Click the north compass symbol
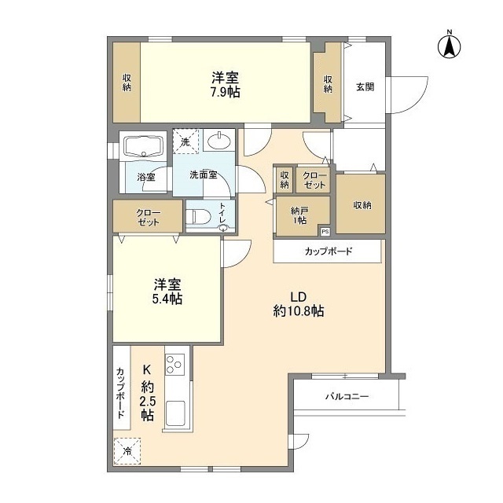[450, 45]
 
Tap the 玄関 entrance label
[364, 86]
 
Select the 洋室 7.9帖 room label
[225, 84]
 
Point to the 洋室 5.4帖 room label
[167, 291]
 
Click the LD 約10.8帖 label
[298, 303]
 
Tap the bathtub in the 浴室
[141, 146]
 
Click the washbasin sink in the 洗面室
[218, 141]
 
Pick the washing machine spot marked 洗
[186, 141]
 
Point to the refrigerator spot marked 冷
[127, 451]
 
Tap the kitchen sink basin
[176, 413]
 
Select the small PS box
[325, 231]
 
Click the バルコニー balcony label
[347, 397]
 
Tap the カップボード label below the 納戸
[329, 251]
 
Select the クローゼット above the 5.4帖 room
[148, 217]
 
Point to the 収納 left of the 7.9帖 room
[126, 83]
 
